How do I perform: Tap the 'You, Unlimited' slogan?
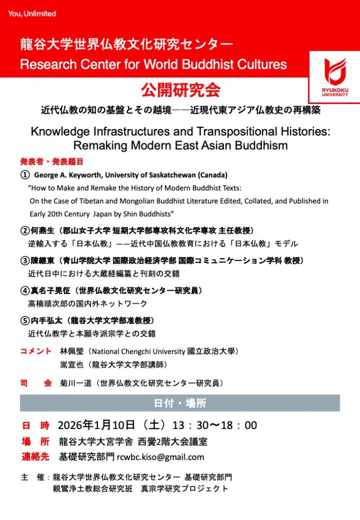31,14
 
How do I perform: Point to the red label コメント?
36,351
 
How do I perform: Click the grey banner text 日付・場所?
180,404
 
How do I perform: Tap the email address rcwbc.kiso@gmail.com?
160,457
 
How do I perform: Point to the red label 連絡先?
35,457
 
